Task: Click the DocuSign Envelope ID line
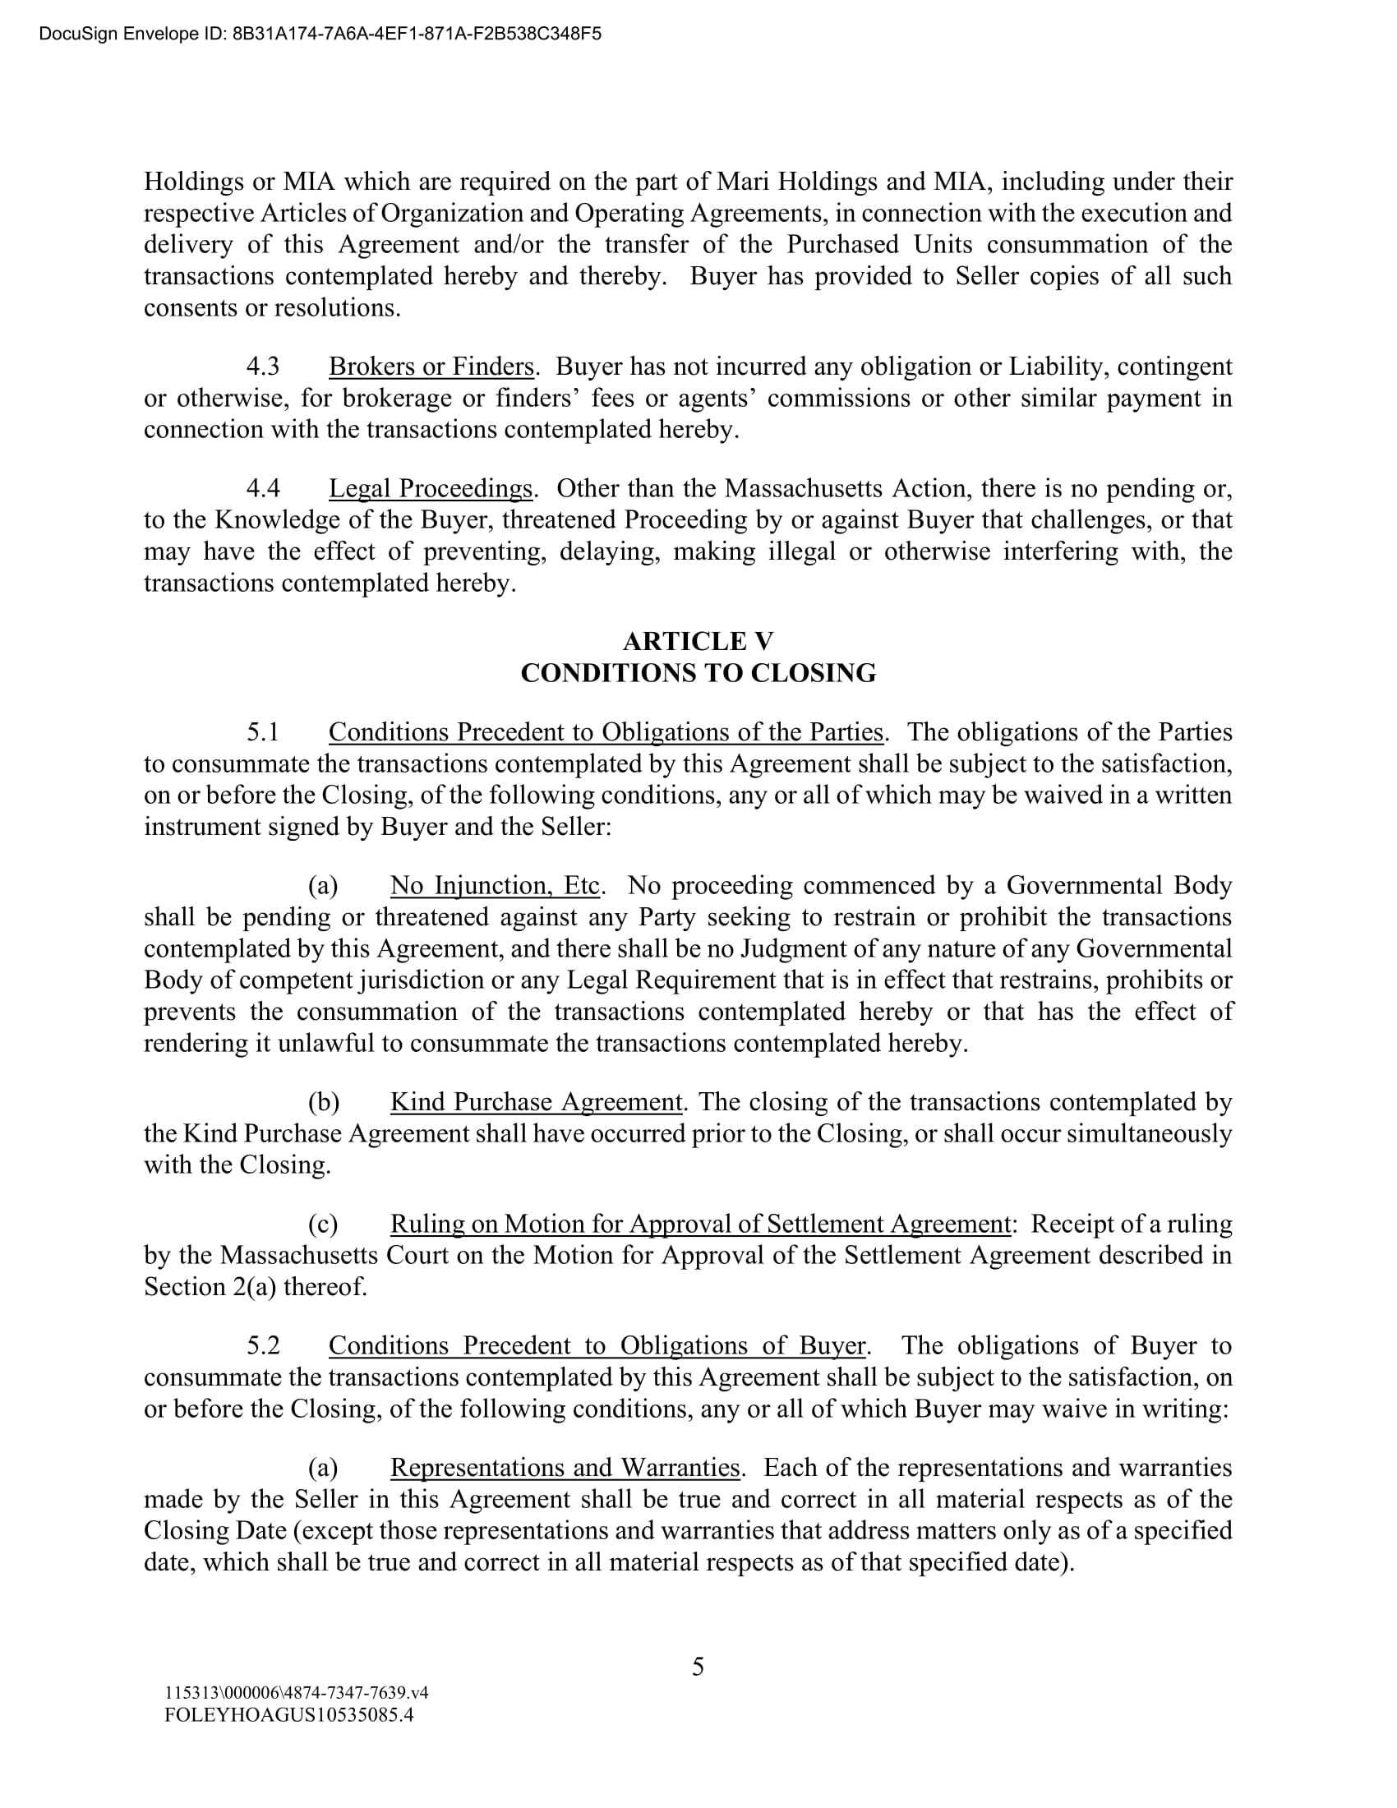pos(320,34)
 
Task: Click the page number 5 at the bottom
pos(698,1666)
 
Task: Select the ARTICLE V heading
pos(698,642)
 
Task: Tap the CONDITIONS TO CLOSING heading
pos(698,673)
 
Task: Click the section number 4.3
pos(263,367)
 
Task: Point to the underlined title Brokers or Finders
pos(431,367)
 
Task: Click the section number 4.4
pos(263,488)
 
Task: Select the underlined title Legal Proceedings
pos(431,488)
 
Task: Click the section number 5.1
pos(263,732)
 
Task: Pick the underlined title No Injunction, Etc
pos(495,886)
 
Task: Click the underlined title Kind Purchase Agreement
pos(537,1102)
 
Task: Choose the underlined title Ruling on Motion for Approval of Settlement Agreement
pos(700,1224)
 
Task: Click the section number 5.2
pos(263,1345)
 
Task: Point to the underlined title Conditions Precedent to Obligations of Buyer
pos(597,1345)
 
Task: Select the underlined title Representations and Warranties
pos(565,1467)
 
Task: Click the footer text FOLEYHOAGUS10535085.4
pos(288,1714)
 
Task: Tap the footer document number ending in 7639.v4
pos(297,1693)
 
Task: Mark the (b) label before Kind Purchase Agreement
pos(324,1102)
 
